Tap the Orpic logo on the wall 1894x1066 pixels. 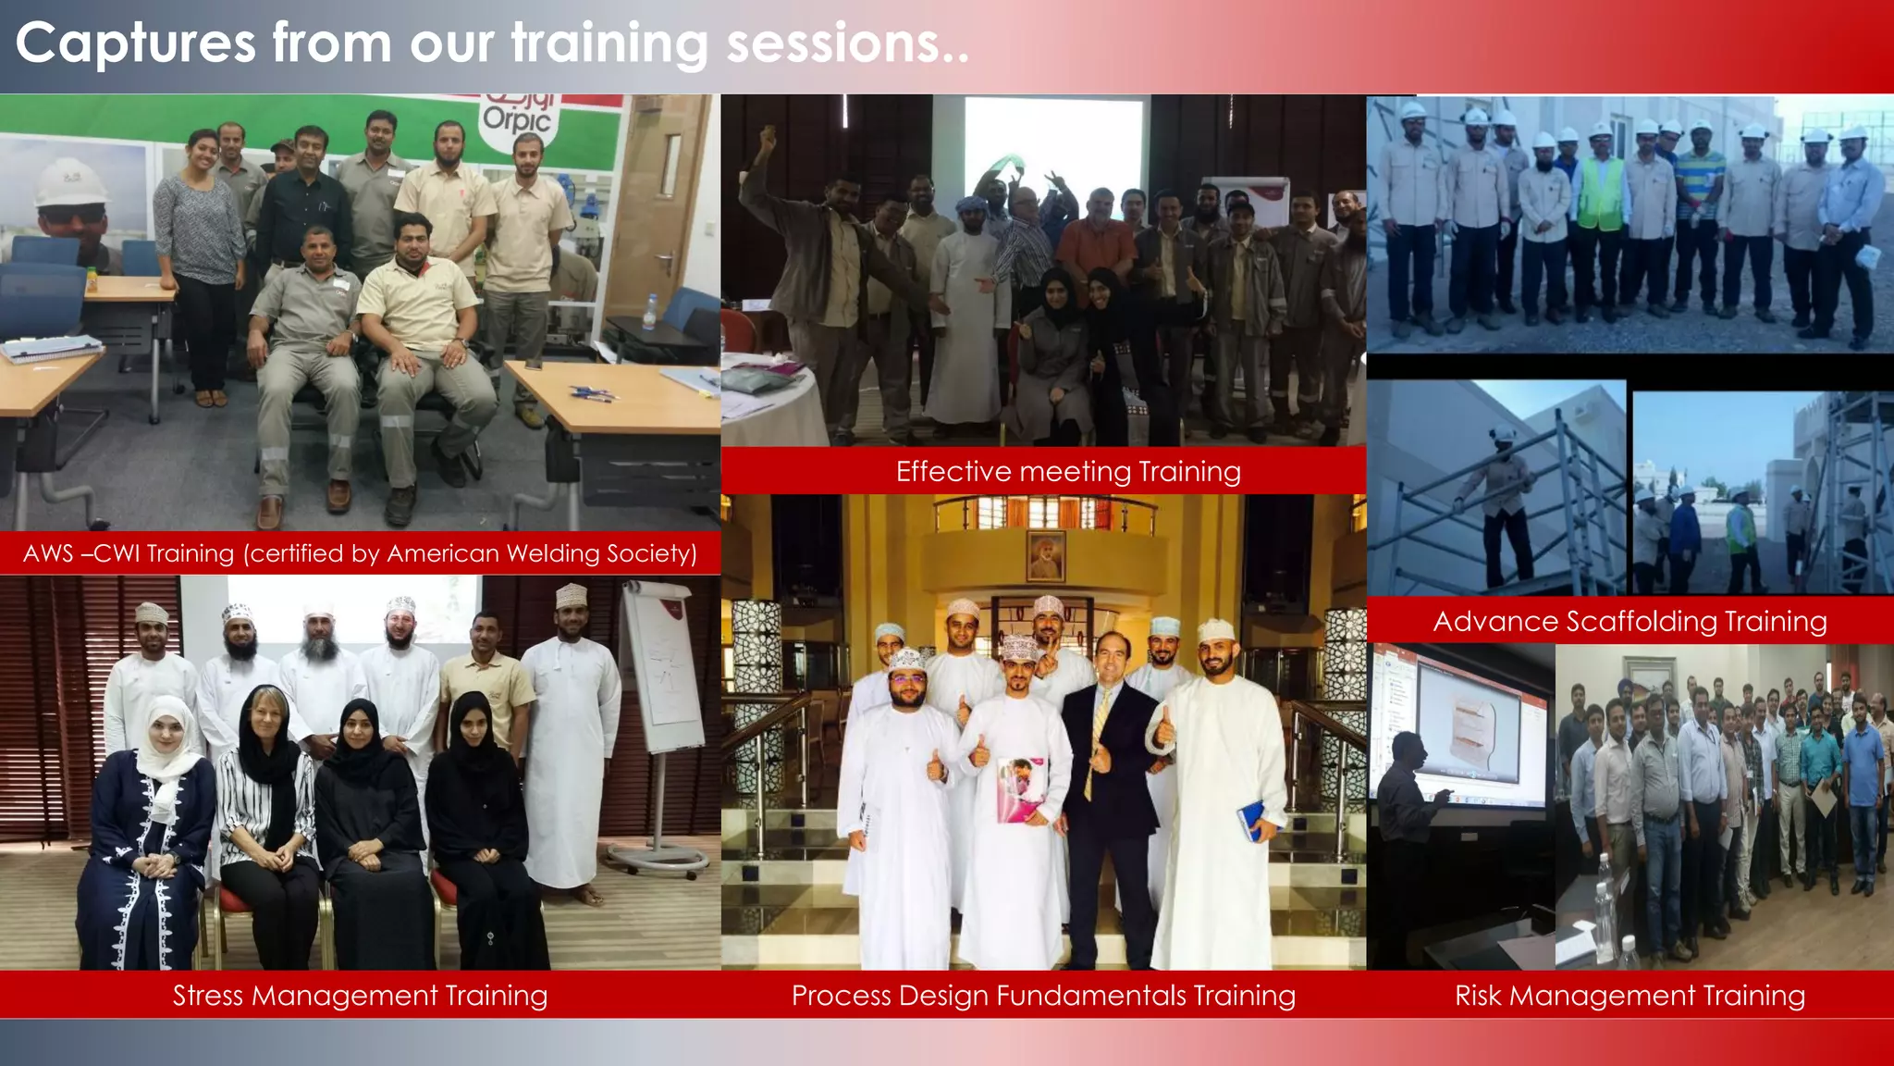[517, 116]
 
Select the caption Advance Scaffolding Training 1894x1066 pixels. [1630, 621]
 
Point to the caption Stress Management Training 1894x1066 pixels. [360, 996]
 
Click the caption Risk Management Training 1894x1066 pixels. [1630, 996]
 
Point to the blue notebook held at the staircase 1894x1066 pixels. [1251, 819]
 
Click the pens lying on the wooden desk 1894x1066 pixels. [593, 392]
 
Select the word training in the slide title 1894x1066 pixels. [609, 43]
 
